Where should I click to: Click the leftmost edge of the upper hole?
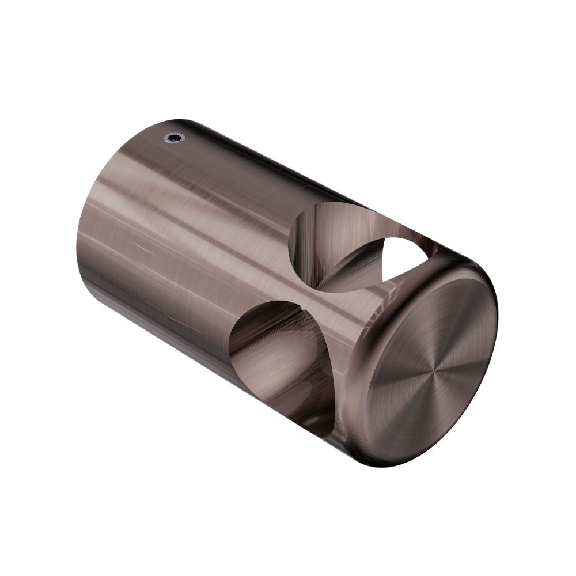pyautogui.click(x=290, y=242)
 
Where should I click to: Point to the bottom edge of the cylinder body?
pyautogui.click(x=230, y=392)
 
